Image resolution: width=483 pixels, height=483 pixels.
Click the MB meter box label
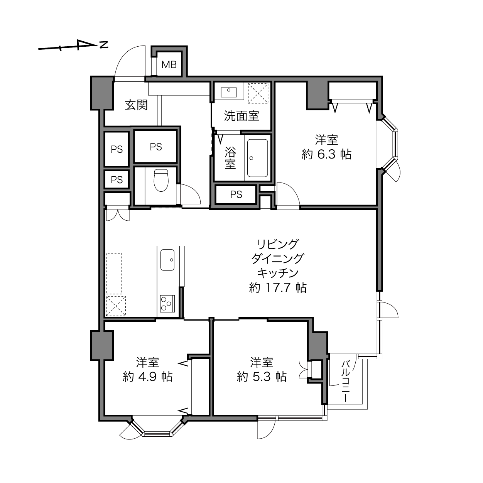point(169,65)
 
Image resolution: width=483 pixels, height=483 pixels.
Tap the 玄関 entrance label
point(136,105)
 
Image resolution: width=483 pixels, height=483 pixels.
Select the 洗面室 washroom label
point(241,116)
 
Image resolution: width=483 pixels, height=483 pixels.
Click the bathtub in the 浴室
point(257,158)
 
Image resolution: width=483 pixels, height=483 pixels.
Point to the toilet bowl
point(160,180)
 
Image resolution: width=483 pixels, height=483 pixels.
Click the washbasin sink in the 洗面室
point(229,92)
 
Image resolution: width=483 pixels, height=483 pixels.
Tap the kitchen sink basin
point(167,260)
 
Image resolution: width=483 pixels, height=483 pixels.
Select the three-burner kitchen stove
point(167,304)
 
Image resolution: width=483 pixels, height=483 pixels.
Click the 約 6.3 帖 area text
point(326,154)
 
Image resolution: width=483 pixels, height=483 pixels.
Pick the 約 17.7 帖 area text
point(278,287)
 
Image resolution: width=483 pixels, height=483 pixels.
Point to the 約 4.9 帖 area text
point(148,377)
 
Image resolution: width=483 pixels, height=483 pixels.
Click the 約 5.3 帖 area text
point(262,377)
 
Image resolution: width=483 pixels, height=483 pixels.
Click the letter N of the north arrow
point(104,45)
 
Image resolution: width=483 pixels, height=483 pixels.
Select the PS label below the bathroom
point(236,194)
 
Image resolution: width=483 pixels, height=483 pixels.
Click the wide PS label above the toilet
point(156,147)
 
